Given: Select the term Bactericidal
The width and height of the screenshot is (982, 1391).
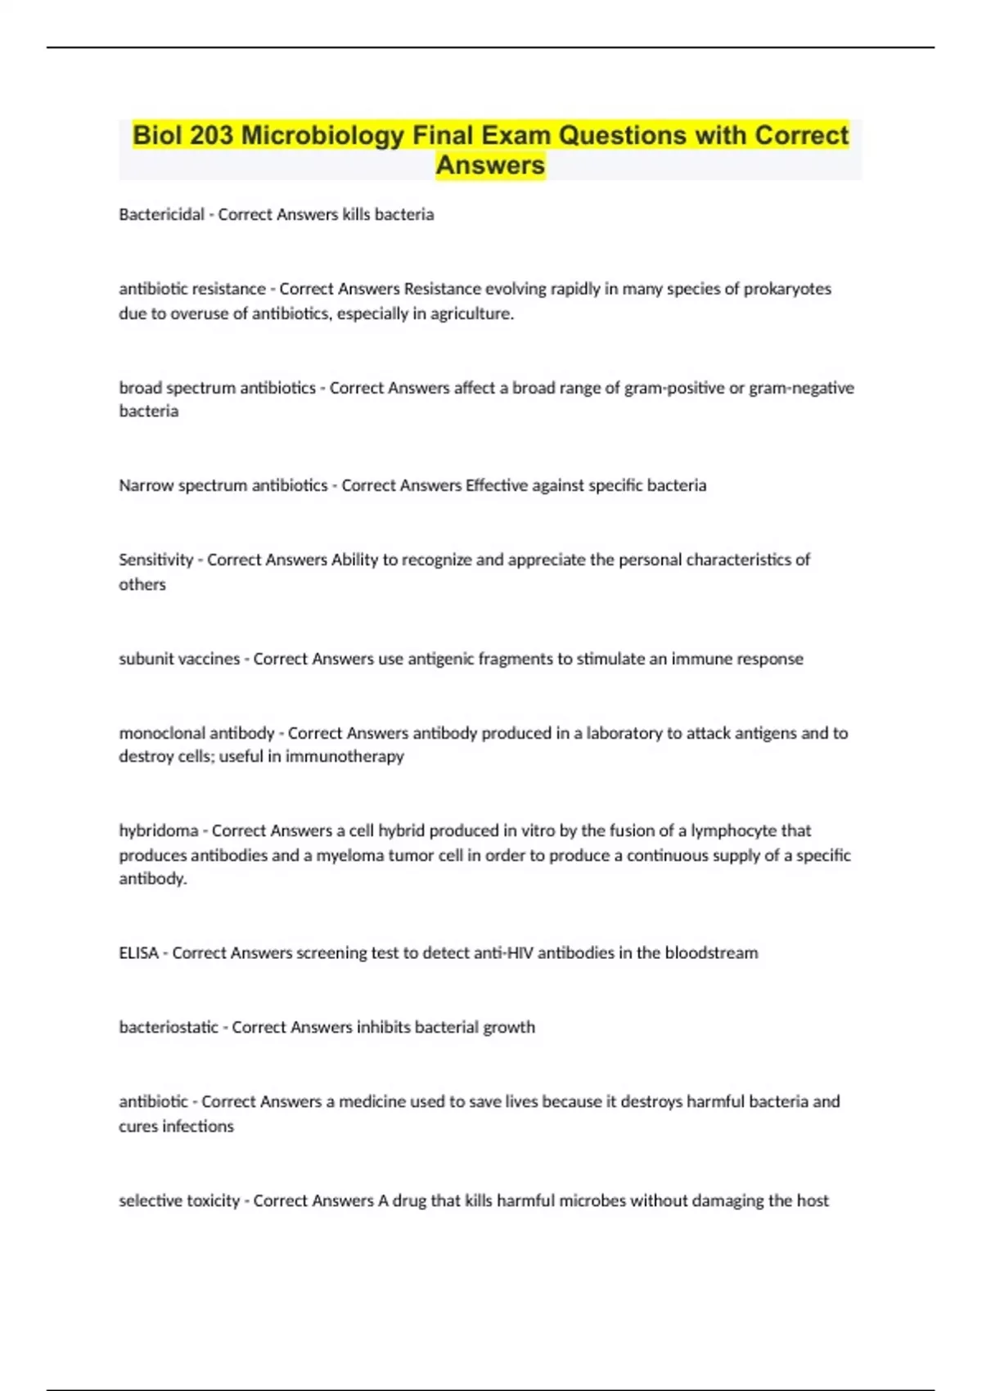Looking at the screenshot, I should pos(161,214).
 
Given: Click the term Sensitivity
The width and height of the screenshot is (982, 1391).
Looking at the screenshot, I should pos(155,560).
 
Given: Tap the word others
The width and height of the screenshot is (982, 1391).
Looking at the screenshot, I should pos(142,584).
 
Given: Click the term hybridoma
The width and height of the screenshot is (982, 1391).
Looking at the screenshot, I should pos(159,831).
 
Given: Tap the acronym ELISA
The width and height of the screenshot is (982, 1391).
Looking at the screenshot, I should pos(138,953).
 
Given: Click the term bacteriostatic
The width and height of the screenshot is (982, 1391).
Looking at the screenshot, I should pos(169,1027).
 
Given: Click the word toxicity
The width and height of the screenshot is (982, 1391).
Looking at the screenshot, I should pos(210,1200).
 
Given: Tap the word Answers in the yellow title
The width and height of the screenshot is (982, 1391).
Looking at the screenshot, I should pos(490,165).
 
